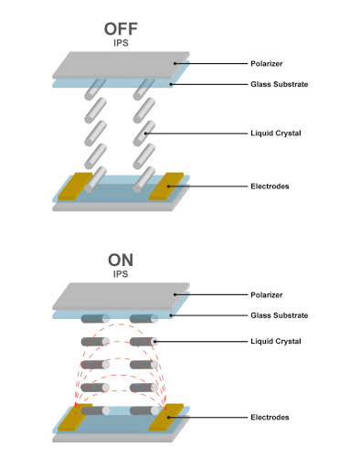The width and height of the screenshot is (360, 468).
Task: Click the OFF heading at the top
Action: [122, 28]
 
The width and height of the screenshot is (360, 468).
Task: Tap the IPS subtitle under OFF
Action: [122, 43]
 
